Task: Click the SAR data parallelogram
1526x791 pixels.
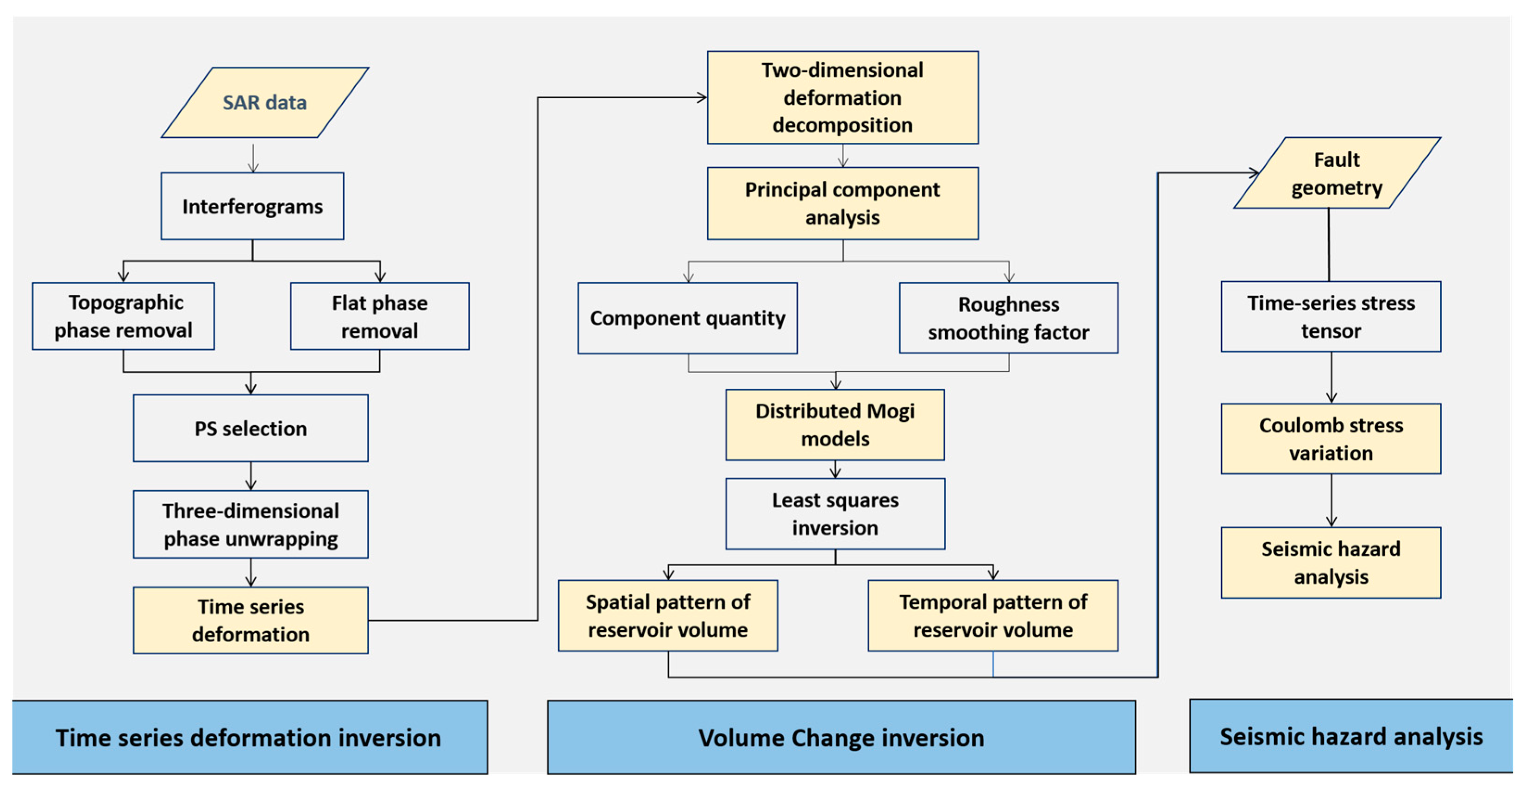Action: (265, 102)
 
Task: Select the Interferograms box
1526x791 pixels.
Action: (252, 206)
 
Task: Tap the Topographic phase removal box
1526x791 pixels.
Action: (123, 316)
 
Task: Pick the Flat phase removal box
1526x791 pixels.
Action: (380, 316)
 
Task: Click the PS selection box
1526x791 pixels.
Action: (251, 428)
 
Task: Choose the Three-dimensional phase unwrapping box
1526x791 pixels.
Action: (251, 525)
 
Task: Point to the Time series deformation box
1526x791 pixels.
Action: (251, 620)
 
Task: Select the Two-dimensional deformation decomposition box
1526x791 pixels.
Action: (842, 98)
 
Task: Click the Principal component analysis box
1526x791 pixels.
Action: (842, 203)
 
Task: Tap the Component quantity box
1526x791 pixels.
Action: (687, 318)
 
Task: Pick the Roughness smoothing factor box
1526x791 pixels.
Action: (1008, 318)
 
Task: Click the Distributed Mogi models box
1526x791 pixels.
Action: (835, 425)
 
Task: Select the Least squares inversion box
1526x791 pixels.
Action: (835, 514)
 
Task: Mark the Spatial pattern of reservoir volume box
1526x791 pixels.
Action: (668, 616)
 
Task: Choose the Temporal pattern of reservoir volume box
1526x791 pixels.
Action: (993, 616)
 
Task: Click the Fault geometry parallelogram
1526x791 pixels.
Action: (1337, 173)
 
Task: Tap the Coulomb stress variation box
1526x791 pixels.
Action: (1331, 439)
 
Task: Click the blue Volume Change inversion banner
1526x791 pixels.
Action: (841, 738)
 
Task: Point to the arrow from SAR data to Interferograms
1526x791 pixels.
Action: (253, 157)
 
